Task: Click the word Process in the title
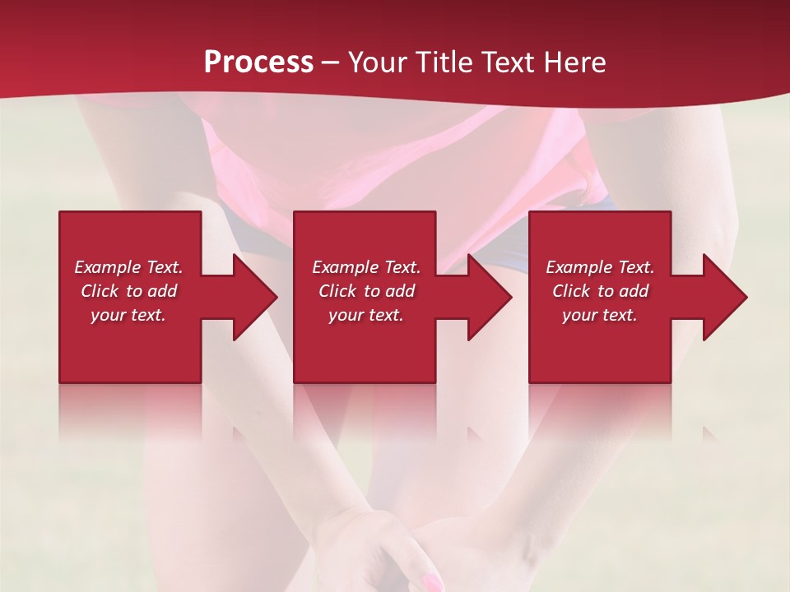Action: coord(258,62)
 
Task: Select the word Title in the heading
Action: coord(444,62)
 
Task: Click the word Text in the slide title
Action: coord(506,62)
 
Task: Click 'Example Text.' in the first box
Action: coord(128,267)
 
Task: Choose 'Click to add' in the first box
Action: coord(128,291)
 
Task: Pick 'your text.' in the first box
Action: coord(128,315)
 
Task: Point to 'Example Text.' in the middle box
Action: coord(366,267)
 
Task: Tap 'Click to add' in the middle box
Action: coord(366,291)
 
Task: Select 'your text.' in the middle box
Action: coord(366,315)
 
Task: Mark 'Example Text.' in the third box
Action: coord(600,267)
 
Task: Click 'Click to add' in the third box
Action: coord(600,291)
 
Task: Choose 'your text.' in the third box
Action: coord(600,315)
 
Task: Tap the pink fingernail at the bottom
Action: coord(430,582)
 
